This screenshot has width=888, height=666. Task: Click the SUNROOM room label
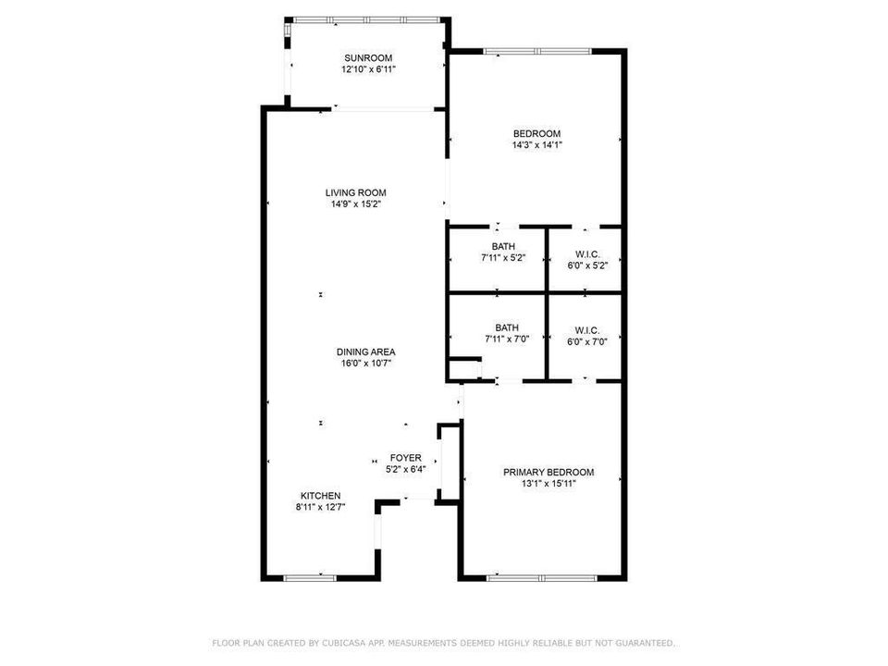368,57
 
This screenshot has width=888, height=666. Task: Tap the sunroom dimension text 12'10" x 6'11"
368,69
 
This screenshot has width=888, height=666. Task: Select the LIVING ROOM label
355,192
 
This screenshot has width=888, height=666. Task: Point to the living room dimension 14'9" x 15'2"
355,204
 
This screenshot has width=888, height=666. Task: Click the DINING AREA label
366,351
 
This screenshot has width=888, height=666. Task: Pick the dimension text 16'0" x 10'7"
366,364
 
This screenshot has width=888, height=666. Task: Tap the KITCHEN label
321,496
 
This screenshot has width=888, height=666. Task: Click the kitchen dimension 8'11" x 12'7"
321,508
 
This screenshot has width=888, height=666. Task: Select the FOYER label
405,458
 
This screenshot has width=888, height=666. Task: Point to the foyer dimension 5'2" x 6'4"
405,470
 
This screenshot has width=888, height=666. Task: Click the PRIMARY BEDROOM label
549,472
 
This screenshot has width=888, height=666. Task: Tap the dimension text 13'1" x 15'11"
549,484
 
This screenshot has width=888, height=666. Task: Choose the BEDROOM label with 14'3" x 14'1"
536,133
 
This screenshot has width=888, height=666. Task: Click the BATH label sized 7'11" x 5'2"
503,246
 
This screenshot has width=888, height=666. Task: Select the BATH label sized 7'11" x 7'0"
507,327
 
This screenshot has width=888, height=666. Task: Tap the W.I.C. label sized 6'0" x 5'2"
587,254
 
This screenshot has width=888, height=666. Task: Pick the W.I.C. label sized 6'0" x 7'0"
587,330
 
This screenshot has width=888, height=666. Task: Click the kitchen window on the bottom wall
310,578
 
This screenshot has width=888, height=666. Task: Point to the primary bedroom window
542,578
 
